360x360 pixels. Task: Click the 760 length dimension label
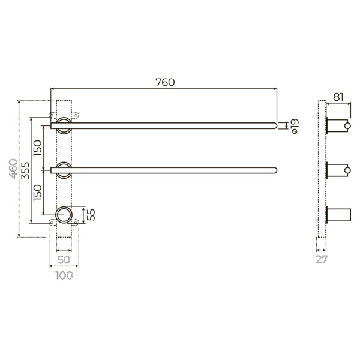click(165, 82)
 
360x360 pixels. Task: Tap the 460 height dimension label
click(13, 169)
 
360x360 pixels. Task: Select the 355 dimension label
click(25, 170)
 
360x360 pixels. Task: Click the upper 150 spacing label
click(38, 148)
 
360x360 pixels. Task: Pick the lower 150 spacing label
click(38, 193)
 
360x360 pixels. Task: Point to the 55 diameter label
click(91, 215)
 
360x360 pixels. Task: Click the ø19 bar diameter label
click(295, 126)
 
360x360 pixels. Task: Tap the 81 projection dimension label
click(338, 97)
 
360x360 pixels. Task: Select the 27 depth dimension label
click(321, 259)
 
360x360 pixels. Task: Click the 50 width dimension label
click(64, 260)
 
